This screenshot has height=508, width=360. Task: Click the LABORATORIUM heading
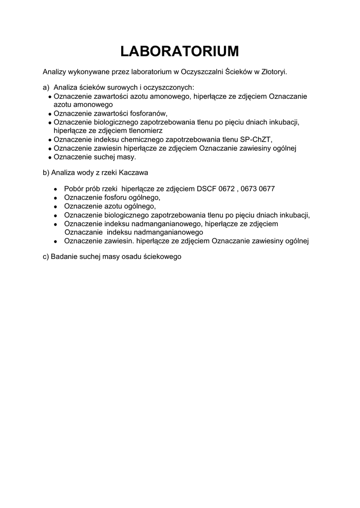[180, 51]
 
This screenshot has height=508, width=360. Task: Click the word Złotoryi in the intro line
[274, 71]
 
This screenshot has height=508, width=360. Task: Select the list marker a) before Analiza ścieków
[46, 88]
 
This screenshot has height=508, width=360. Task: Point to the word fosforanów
[147, 113]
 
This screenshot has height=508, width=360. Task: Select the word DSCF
[207, 189]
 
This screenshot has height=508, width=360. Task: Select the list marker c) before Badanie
[46, 257]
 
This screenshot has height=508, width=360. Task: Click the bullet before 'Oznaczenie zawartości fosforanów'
[50, 114]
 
